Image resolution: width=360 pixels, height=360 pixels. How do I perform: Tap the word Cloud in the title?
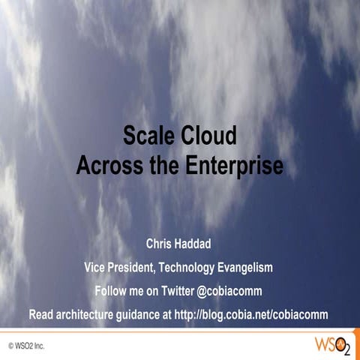[x=209, y=137]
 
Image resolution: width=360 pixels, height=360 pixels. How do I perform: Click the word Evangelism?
[x=250, y=267]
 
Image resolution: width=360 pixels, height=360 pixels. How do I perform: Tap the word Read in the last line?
[x=42, y=313]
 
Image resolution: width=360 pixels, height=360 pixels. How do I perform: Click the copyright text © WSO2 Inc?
[x=28, y=347]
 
